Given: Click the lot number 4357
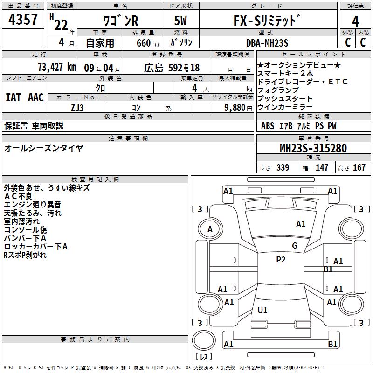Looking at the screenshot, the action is (23, 20).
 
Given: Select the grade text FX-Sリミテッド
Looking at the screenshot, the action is (267, 21).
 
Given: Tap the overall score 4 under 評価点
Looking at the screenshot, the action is (355, 21).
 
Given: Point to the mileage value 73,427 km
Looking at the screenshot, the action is (57, 67).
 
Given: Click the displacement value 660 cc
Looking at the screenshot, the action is (148, 43).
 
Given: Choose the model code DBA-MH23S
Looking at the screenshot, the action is (267, 43).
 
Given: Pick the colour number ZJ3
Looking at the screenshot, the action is (77, 108).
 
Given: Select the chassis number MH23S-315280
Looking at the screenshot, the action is (313, 148).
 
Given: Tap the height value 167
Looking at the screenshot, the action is (359, 167).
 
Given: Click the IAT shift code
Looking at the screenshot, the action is (14, 97).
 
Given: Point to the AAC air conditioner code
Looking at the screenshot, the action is (36, 97).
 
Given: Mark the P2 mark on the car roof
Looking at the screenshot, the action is (281, 260).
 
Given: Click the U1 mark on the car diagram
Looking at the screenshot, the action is (262, 310).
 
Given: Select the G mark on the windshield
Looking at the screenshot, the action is (295, 246).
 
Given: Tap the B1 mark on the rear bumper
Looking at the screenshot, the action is (332, 344).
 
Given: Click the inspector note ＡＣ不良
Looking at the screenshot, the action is (18, 196).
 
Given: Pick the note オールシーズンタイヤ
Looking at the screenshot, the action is (44, 148).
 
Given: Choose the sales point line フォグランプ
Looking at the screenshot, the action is (278, 90).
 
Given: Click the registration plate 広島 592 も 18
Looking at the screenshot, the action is (172, 68).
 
